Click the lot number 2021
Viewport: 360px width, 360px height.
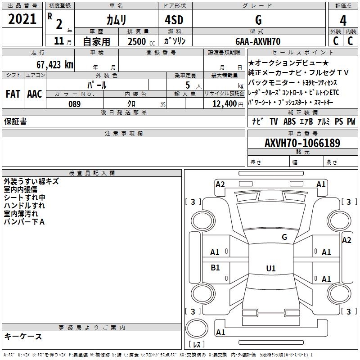point(22,19)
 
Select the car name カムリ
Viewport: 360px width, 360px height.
point(116,19)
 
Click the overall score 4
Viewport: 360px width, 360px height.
point(343,20)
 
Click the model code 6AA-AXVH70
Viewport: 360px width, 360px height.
point(258,41)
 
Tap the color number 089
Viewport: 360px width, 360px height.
point(74,104)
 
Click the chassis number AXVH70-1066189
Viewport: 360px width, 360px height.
point(302,144)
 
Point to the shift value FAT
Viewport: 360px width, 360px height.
point(13,94)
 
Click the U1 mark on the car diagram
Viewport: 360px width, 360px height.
point(270,268)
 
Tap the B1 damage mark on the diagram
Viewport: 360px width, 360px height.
point(215,268)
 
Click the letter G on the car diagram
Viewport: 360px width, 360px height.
point(284,237)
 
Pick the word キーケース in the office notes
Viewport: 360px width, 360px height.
point(23,336)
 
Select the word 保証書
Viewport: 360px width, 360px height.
point(15,121)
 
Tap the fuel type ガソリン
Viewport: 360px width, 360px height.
point(175,41)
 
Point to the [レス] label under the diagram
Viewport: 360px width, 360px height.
point(197,344)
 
